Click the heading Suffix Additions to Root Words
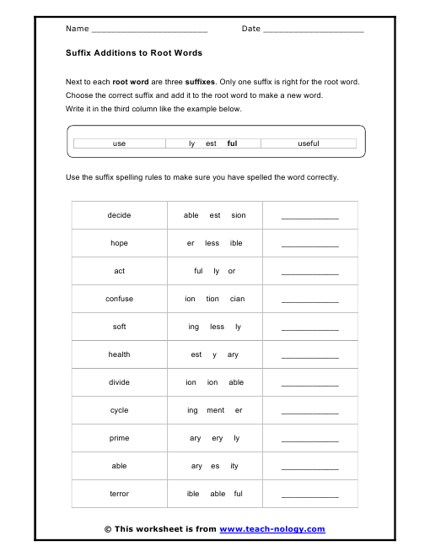click(x=134, y=52)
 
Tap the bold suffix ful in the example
click(x=232, y=143)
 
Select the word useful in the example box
click(x=309, y=143)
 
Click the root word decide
click(x=120, y=215)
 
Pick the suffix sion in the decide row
click(x=239, y=215)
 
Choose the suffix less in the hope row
click(x=212, y=243)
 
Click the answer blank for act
click(x=309, y=273)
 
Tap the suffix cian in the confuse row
click(x=237, y=299)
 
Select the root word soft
click(x=120, y=327)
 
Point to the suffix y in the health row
click(x=214, y=354)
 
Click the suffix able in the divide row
click(x=236, y=382)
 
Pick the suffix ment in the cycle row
click(x=215, y=410)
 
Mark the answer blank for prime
click(x=309, y=440)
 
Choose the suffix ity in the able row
click(x=234, y=466)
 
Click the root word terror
click(x=120, y=494)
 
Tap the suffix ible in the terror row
click(x=193, y=494)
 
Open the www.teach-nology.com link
click(x=271, y=529)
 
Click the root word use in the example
click(x=119, y=143)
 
